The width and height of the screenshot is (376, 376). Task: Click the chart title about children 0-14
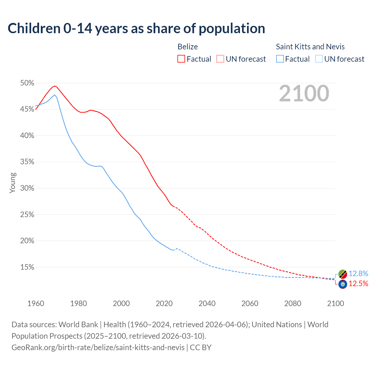click(136, 28)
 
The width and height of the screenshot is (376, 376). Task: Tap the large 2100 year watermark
click(304, 93)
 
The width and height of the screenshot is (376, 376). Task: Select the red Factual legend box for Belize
click(181, 59)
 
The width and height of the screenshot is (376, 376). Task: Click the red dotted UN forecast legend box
click(220, 59)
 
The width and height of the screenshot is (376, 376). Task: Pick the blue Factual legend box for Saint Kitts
click(280, 59)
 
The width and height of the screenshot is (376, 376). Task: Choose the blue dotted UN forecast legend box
click(319, 59)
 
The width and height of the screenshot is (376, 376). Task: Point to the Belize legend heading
click(188, 47)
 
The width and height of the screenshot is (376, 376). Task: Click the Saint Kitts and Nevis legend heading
click(310, 47)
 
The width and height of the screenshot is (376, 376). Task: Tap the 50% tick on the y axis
click(27, 83)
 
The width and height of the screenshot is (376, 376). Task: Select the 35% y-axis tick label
click(27, 162)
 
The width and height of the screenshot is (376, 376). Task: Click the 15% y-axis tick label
click(27, 267)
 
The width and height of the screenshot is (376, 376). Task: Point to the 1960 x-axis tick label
click(36, 303)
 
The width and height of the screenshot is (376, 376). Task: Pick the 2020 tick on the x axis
click(164, 303)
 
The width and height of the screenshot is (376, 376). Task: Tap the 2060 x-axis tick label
click(250, 303)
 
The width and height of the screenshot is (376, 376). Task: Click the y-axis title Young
click(13, 183)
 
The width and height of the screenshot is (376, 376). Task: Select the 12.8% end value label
click(358, 273)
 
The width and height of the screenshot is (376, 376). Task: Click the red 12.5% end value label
click(358, 283)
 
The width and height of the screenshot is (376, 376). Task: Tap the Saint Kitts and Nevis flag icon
click(343, 274)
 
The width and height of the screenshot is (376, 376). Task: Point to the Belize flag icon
click(343, 284)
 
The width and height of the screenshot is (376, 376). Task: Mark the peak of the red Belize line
click(55, 86)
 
